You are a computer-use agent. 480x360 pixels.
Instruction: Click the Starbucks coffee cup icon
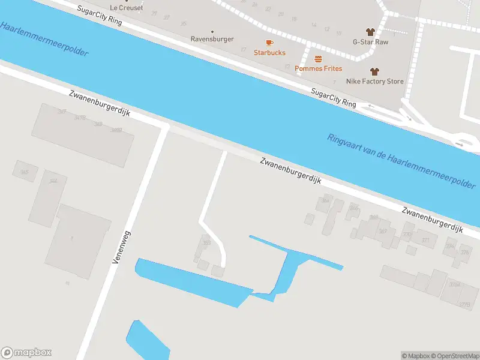tap(269, 43)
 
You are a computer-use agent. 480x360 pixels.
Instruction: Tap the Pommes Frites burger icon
tap(318, 59)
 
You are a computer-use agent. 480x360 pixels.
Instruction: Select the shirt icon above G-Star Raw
tap(370, 32)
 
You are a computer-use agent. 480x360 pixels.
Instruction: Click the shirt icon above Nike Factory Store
tap(375, 71)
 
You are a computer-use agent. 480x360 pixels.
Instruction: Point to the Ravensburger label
tap(212, 39)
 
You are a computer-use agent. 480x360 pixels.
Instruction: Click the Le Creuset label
tap(126, 7)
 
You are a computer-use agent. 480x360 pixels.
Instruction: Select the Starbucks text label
tap(269, 53)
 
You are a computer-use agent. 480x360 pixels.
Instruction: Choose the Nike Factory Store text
tap(375, 81)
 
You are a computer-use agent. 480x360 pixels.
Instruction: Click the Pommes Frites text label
tap(318, 68)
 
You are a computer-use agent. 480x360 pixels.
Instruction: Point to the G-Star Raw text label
tap(370, 42)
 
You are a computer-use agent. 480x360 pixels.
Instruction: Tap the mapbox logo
tap(26, 353)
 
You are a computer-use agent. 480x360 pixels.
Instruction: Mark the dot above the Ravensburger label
tap(212, 31)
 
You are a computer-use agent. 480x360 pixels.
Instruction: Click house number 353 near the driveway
tap(207, 243)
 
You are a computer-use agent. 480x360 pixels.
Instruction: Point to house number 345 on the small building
tap(25, 173)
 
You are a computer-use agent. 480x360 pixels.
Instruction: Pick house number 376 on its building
tap(464, 252)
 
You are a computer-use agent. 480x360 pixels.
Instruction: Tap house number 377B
tap(464, 305)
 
